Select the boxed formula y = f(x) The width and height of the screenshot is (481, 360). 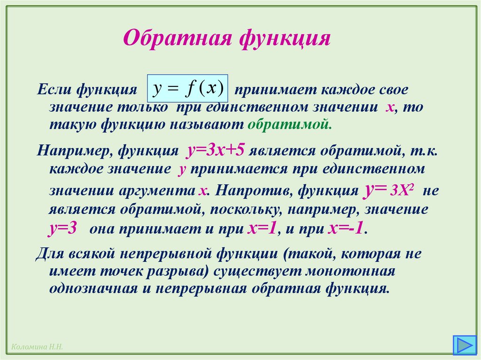tap(187, 88)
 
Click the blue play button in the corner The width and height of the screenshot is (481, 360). tap(463, 345)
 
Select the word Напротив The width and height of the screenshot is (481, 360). tap(248, 191)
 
